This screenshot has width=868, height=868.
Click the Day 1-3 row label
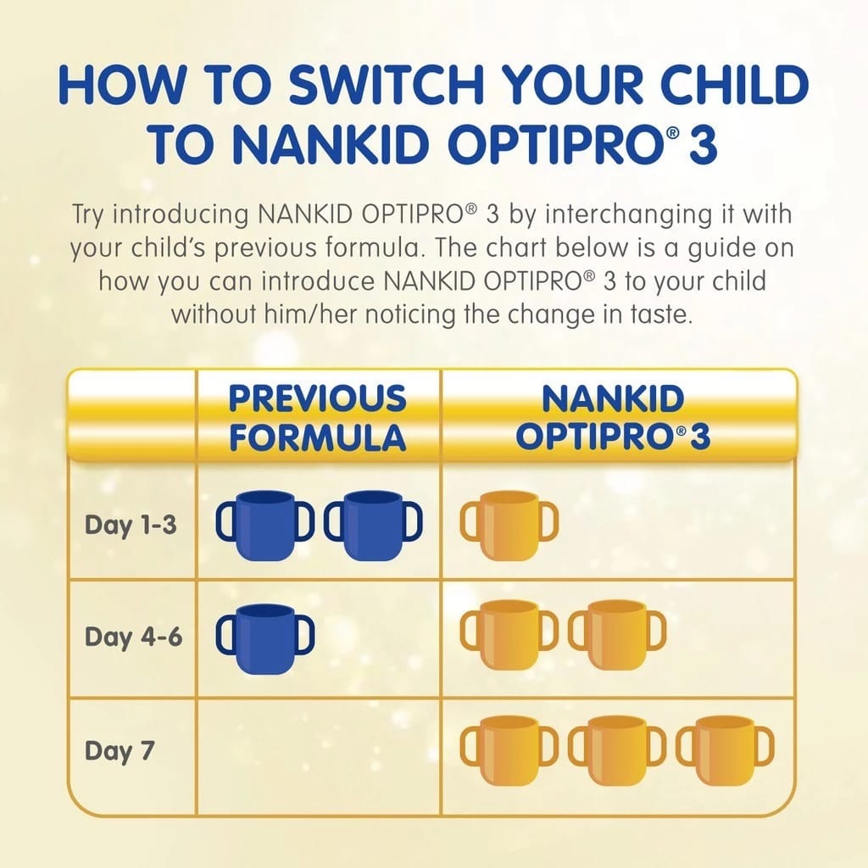pos(131,525)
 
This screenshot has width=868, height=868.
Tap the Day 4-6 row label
pos(133,637)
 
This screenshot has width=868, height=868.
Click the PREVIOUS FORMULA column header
pos(318,418)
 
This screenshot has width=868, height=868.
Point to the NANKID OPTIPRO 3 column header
pos(613,418)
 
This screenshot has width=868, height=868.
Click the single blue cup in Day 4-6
pos(264,637)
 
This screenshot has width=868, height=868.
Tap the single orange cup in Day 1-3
pos(509,525)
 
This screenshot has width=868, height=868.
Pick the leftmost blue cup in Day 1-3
pos(264,525)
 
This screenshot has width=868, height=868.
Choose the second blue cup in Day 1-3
pos(373,525)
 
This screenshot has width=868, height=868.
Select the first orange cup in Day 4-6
pos(509,637)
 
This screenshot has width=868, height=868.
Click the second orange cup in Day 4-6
pos(616,637)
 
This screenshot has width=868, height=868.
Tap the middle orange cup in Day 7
pos(616,749)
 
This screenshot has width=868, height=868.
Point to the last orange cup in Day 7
pos(725,749)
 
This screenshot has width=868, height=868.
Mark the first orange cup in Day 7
pos(509,749)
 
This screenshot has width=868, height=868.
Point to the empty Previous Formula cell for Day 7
pos(318,750)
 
